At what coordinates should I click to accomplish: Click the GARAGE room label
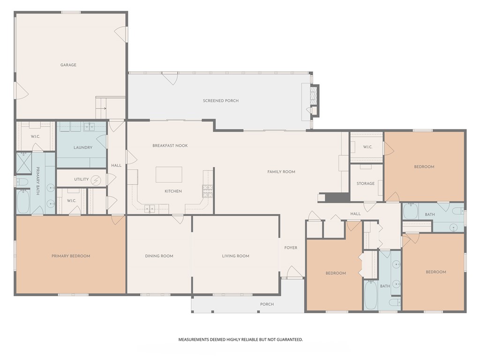(x=68, y=65)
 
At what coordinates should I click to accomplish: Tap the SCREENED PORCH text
(x=220, y=101)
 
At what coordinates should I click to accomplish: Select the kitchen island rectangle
(x=169, y=174)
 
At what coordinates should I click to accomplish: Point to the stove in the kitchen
(x=208, y=191)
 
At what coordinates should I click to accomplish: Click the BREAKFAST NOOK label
(x=170, y=146)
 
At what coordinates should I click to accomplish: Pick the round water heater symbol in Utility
(x=96, y=180)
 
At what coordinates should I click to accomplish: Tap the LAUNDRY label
(x=83, y=148)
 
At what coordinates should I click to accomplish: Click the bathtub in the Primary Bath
(x=23, y=201)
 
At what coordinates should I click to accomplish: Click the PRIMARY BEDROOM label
(x=71, y=256)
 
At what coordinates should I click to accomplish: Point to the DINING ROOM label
(x=159, y=256)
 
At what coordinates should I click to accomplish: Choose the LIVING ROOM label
(x=235, y=256)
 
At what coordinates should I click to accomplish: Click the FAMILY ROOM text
(x=281, y=172)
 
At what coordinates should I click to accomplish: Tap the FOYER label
(x=291, y=248)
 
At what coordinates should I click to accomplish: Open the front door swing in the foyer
(x=294, y=272)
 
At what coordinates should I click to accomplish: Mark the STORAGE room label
(x=366, y=184)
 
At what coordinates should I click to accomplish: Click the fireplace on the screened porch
(x=314, y=96)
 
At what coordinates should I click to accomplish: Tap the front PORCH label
(x=267, y=304)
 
